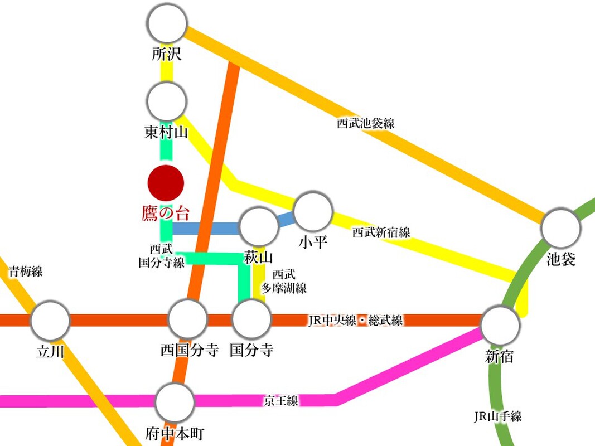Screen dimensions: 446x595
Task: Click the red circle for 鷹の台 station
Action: click(x=166, y=183)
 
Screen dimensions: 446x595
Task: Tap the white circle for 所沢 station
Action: click(x=167, y=23)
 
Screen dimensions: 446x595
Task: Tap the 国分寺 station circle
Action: click(x=251, y=320)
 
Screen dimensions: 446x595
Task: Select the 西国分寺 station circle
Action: click(x=188, y=320)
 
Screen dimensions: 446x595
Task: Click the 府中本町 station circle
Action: click(x=175, y=402)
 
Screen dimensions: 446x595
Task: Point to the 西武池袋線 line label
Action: click(x=365, y=123)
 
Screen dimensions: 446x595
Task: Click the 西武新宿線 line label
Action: click(x=381, y=232)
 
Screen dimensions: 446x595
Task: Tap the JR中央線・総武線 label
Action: click(x=355, y=321)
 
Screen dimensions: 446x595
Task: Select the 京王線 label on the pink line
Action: click(x=282, y=400)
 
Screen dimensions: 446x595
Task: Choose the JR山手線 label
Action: click(x=497, y=416)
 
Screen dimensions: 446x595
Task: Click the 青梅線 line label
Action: click(x=25, y=272)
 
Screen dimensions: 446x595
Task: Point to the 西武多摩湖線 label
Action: click(x=284, y=282)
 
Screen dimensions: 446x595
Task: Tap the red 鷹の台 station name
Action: click(x=166, y=214)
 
